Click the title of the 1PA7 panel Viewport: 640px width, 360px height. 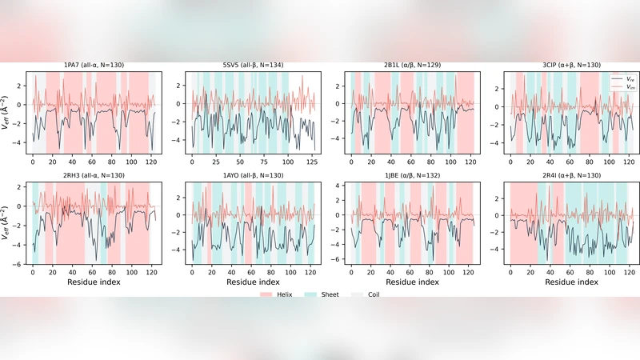pyautogui.click(x=94, y=65)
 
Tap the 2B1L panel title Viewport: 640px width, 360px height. pyautogui.click(x=412, y=65)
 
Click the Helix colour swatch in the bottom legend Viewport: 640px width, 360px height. pyautogui.click(x=266, y=294)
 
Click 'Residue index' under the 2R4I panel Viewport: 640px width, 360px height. pyautogui.click(x=571, y=282)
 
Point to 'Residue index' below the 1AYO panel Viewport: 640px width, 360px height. pyautogui.click(x=253, y=282)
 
